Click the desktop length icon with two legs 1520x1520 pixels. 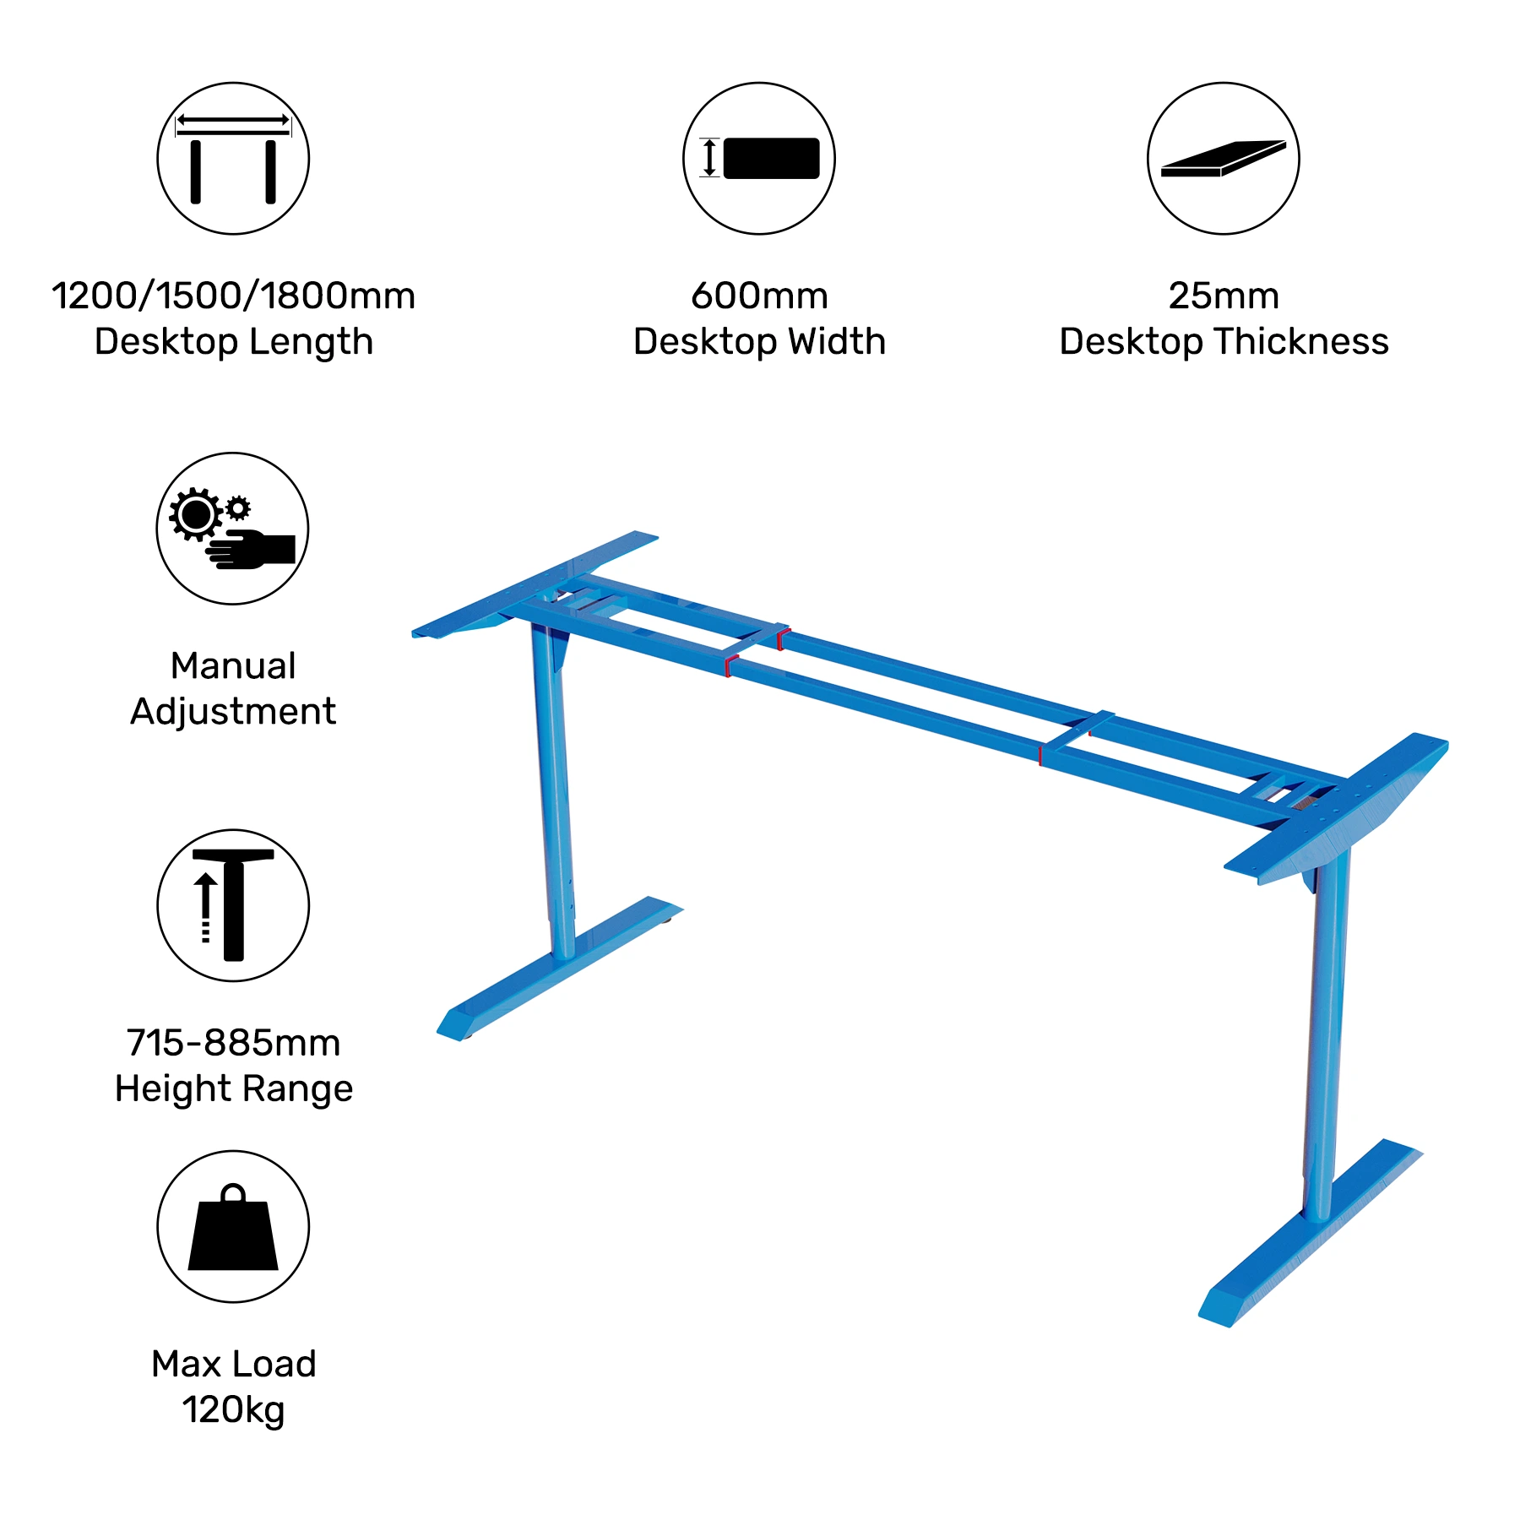(233, 159)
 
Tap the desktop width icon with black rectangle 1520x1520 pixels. (759, 159)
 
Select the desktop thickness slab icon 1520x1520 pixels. (1223, 159)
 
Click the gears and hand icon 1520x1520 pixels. (232, 529)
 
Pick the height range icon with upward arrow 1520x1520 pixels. (233, 905)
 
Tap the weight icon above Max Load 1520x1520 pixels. (233, 1226)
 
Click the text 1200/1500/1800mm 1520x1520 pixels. (233, 296)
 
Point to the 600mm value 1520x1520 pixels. (759, 296)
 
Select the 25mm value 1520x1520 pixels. (1224, 296)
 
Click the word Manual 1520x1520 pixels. (233, 665)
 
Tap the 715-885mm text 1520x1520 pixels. (233, 1043)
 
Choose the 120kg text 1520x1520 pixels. (233, 1409)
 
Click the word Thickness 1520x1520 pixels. (1301, 342)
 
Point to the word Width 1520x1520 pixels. (837, 342)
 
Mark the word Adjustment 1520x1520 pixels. (233, 712)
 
